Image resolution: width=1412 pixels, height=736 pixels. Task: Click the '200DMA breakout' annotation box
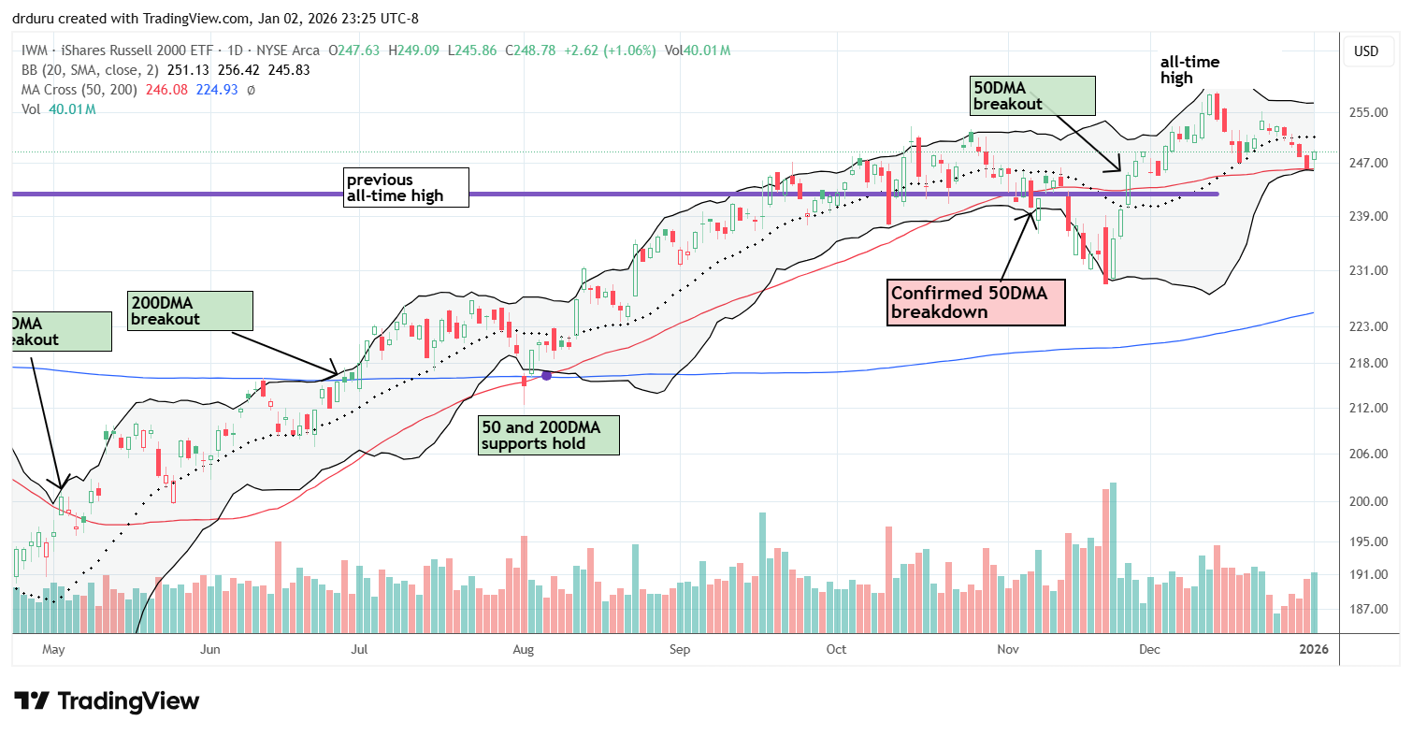190,310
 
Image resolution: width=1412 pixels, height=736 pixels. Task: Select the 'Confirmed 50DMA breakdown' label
975,301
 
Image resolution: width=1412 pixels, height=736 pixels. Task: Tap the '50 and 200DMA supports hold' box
548,435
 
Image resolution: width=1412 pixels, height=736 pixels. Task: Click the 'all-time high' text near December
1189,70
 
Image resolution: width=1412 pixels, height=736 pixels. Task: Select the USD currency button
1366,51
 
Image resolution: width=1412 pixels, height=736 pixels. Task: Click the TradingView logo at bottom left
107,700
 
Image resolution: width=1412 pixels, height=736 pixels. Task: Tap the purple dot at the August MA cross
547,375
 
